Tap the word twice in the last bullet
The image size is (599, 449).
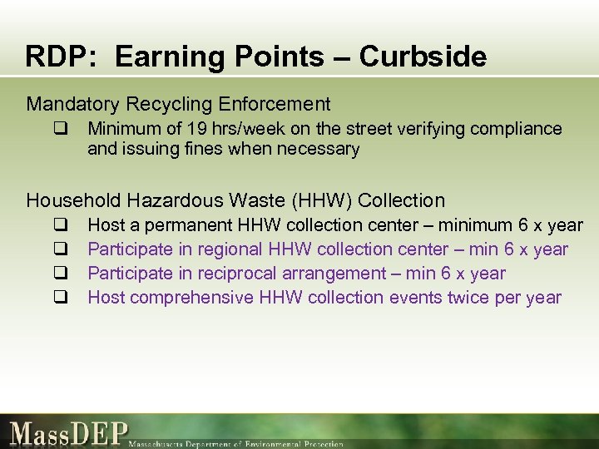click(x=484, y=298)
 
